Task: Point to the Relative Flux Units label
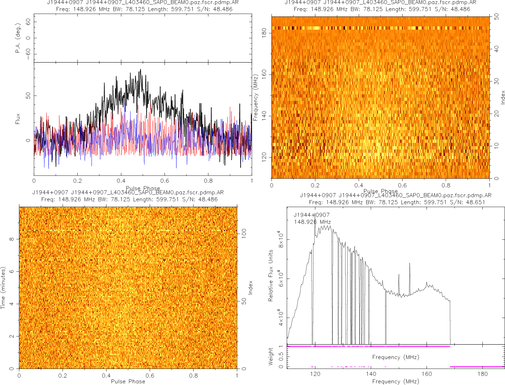271,275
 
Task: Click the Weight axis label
271,356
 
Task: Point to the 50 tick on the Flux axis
29,96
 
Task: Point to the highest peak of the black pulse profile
140,70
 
